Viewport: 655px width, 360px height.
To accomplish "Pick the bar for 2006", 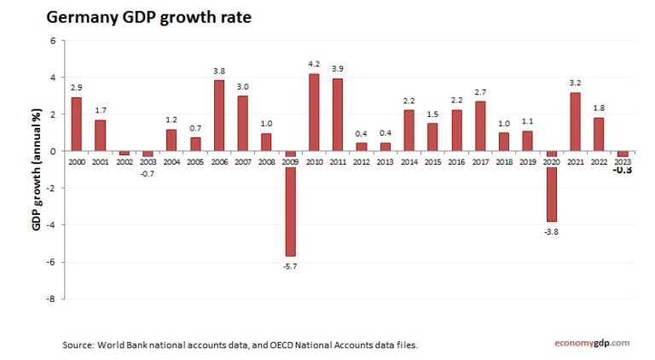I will click(219, 115).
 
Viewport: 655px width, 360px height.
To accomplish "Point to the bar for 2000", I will click(77, 124).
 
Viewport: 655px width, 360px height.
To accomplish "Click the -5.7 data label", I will click(291, 266).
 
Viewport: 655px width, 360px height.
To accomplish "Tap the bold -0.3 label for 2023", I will click(623, 170).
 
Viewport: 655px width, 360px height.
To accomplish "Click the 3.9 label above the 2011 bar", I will click(339, 68).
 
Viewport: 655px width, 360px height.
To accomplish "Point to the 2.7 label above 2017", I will click(481, 90).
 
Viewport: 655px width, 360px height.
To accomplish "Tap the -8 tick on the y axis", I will click(53, 299).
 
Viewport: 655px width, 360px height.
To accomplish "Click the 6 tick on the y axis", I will click(54, 40).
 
